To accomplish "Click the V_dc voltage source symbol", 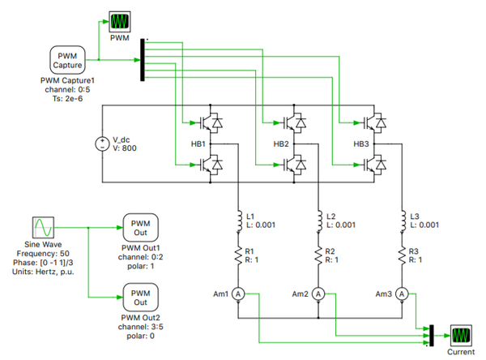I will click(x=103, y=144).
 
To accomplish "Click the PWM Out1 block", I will click(x=141, y=227).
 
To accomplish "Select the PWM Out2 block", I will click(x=141, y=296).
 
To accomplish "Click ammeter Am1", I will click(x=238, y=294).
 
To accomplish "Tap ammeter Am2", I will click(x=318, y=294).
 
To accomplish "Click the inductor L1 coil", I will click(x=238, y=221).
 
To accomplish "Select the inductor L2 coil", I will click(x=318, y=221).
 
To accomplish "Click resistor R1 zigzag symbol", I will click(x=238, y=255).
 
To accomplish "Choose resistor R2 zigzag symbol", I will click(x=318, y=255).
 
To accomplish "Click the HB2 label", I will click(x=281, y=144).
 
